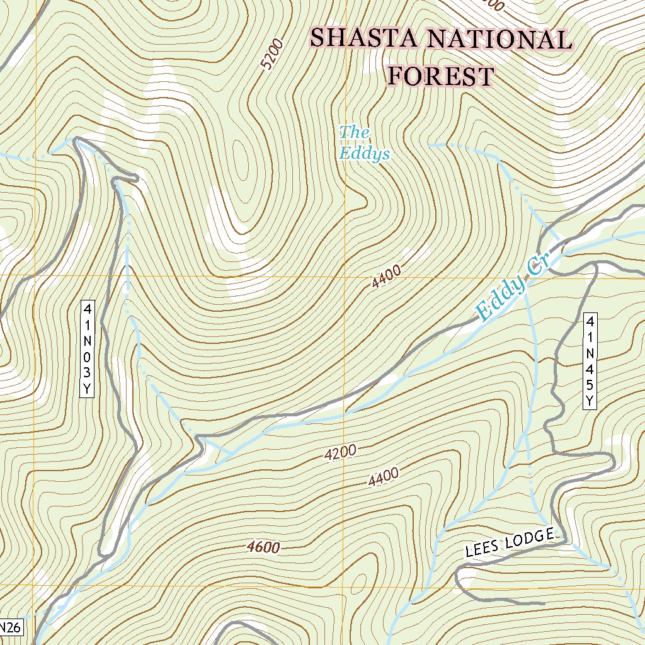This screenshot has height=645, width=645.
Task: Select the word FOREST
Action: coord(440,76)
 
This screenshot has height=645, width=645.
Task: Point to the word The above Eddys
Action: coord(354,132)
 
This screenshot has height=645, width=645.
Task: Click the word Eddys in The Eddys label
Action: coord(364,153)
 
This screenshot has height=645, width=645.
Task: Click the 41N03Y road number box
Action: coord(88,350)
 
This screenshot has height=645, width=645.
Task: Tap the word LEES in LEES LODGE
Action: coord(481,548)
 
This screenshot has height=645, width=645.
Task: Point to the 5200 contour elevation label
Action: coord(272,55)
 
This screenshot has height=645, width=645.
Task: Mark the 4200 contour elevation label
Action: coord(341,452)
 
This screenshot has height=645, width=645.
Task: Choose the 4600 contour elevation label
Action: coord(264,547)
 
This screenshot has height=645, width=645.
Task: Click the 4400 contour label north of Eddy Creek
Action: coord(385,277)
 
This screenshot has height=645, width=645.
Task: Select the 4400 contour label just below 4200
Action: coord(384,477)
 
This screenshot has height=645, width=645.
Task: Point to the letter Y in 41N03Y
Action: coord(88,389)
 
